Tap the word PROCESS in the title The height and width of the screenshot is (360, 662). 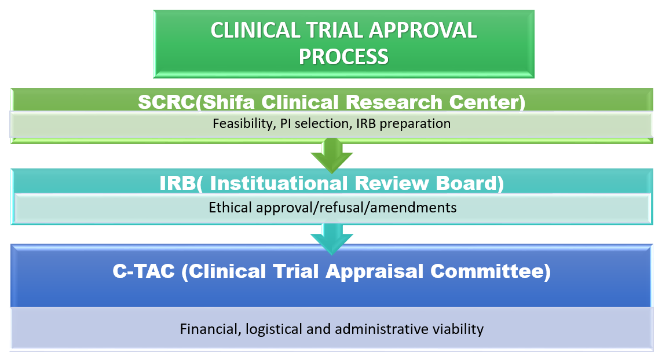[343, 57]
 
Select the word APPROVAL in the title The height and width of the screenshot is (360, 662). [423, 31]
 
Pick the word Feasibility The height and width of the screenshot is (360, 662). [243, 124]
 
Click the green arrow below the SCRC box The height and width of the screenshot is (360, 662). [332, 155]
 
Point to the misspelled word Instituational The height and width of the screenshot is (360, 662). [279, 183]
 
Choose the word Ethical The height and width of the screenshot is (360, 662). [231, 208]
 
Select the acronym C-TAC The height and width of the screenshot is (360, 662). [144, 271]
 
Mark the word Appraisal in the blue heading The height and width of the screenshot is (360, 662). [375, 271]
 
